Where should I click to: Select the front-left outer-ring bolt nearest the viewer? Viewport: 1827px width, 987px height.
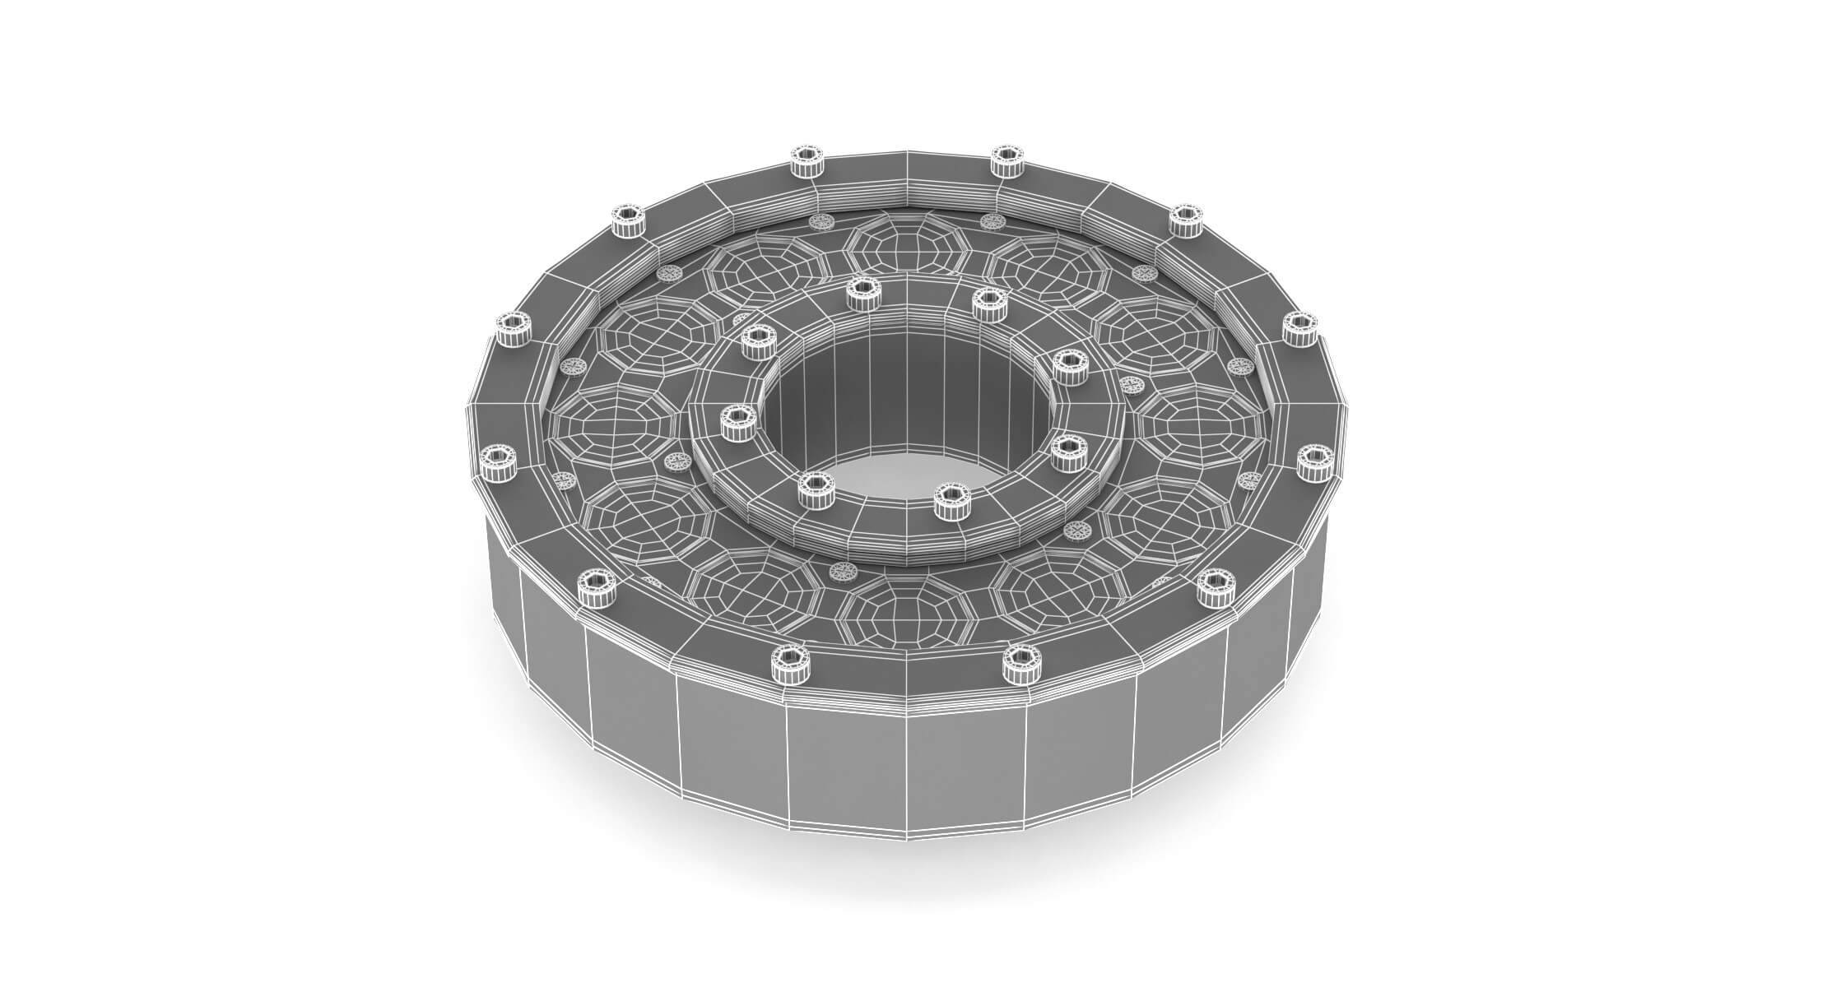[x=790, y=663]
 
